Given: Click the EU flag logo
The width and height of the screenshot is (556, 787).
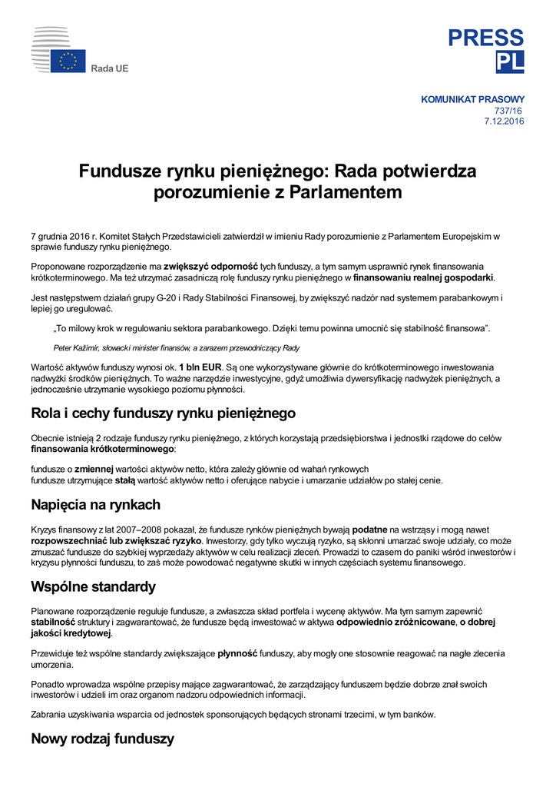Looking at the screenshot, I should (68, 61).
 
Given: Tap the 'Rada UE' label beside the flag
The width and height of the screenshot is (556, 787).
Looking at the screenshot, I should (110, 69).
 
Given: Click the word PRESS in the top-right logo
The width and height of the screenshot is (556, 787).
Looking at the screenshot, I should (486, 38).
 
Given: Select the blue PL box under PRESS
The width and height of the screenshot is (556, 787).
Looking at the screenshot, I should (510, 62).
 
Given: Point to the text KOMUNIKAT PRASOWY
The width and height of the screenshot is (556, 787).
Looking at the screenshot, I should (472, 99).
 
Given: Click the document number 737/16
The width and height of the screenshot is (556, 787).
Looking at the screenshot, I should (509, 111).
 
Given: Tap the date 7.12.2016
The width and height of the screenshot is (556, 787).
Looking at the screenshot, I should (504, 121).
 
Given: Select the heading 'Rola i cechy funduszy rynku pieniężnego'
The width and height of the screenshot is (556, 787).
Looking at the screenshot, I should (163, 413).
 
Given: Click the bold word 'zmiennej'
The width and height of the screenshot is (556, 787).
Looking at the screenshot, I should (94, 469).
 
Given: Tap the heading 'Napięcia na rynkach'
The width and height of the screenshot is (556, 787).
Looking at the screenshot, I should (95, 505).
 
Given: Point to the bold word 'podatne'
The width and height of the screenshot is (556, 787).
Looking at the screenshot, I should (369, 530).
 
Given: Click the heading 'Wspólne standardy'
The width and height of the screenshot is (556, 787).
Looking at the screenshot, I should (93, 587).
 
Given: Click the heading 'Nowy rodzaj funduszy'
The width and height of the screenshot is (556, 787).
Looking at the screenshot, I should (102, 739).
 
